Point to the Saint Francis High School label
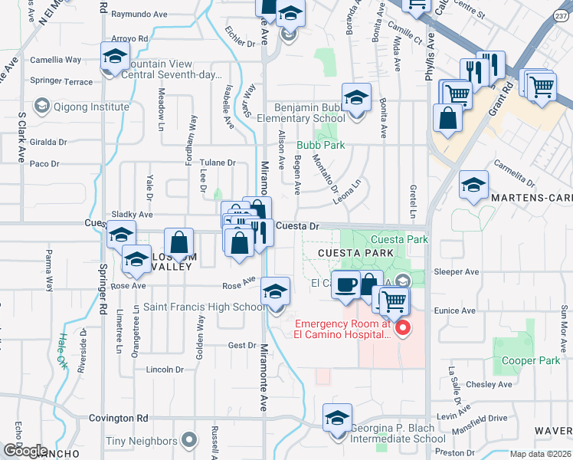(205, 307)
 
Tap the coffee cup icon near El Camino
(345, 284)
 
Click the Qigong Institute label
(90, 107)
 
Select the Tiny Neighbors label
(142, 441)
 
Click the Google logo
(26, 451)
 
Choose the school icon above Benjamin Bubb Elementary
(356, 98)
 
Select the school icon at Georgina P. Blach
(336, 419)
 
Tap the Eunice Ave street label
(454, 310)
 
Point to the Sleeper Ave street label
(456, 271)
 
